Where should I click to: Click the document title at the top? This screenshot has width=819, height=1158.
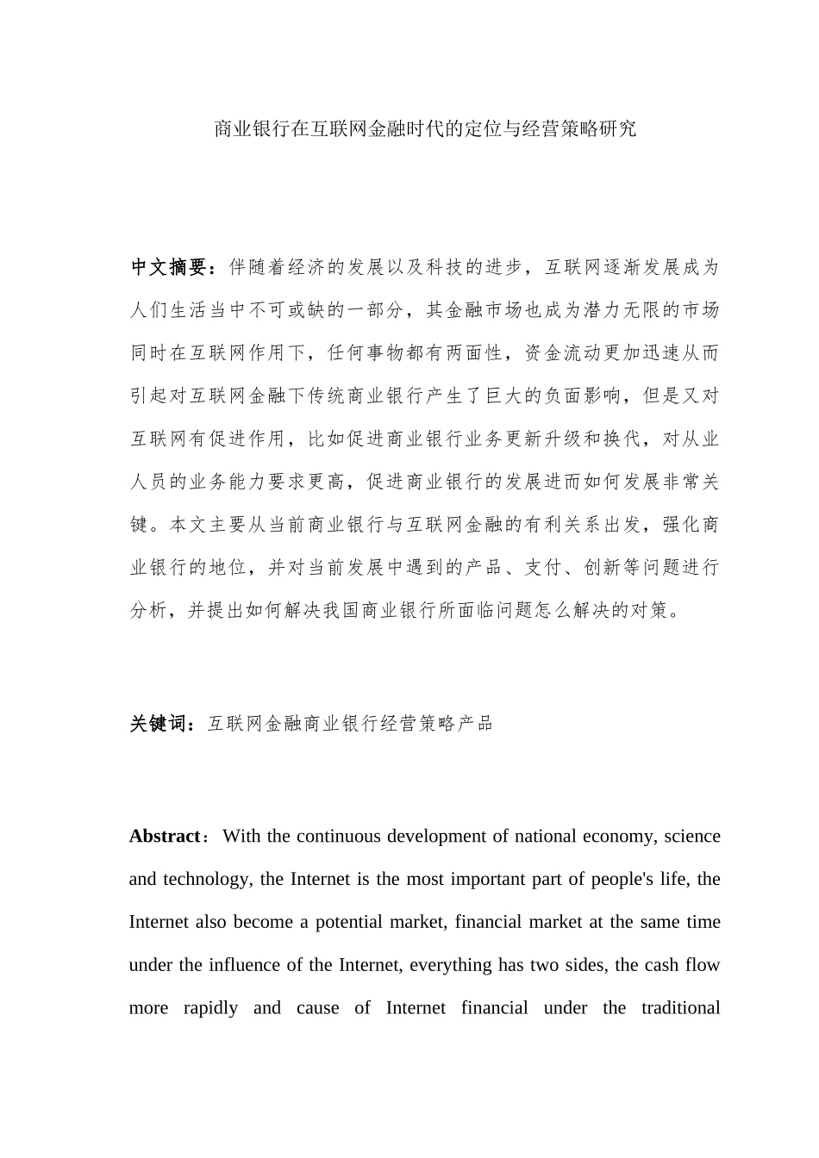click(x=425, y=130)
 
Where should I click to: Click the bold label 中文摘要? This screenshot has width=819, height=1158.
click(x=168, y=268)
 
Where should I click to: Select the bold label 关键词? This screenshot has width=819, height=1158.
click(x=159, y=725)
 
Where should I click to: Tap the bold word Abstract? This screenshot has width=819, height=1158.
click(x=164, y=837)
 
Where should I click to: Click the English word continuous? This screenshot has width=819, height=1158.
click(x=338, y=837)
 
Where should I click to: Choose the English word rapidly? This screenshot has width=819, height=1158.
click(x=210, y=1008)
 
